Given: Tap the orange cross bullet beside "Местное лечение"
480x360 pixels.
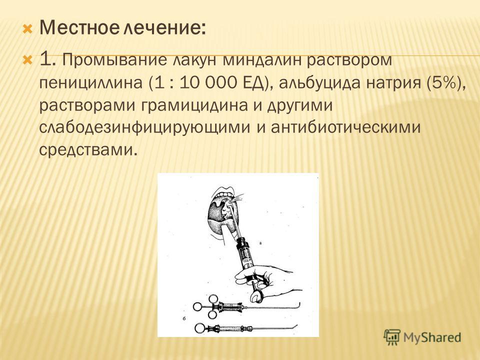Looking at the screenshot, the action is [x=27, y=29].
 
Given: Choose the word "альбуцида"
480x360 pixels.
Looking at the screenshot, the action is [x=319, y=83].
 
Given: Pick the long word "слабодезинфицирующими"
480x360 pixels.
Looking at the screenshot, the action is [x=145, y=127].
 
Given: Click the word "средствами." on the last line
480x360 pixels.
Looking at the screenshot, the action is [x=87, y=150].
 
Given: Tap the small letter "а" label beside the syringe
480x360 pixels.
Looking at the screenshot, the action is [x=260, y=243].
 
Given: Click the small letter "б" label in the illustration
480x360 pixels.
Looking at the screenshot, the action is [x=184, y=319].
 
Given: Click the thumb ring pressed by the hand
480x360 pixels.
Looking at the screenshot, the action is [x=256, y=295].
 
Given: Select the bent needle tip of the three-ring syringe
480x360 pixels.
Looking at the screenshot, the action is [x=299, y=305].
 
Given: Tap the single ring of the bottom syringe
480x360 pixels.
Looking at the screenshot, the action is [x=199, y=328].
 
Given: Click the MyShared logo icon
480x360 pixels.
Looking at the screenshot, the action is [x=392, y=337].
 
